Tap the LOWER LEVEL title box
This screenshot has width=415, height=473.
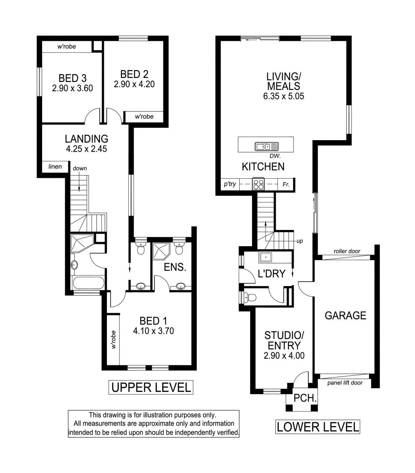tap(318, 426)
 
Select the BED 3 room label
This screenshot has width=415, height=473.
tap(72, 78)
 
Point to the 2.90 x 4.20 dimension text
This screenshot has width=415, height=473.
tap(135, 84)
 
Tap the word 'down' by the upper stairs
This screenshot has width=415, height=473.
tap(79, 168)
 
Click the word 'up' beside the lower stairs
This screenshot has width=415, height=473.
tap(300, 241)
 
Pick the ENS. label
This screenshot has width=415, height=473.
tap(175, 267)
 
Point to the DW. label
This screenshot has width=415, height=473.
tap(275, 156)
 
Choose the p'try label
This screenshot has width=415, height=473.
tap(230, 184)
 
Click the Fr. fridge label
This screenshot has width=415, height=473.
tap(286, 184)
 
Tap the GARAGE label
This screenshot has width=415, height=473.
tap(345, 315)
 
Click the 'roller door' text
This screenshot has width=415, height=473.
tap(346, 251)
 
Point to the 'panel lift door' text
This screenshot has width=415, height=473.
tap(345, 383)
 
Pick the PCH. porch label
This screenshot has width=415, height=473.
tap(302, 399)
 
